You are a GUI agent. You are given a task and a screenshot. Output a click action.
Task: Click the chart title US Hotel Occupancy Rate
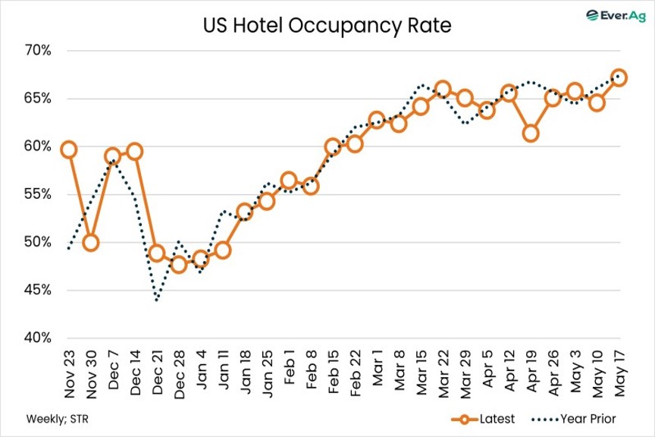327,27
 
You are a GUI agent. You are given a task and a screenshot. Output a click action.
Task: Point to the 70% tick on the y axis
36,51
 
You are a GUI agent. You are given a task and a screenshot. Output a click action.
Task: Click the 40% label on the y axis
36,338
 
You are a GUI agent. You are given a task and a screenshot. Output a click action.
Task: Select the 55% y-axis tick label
36,194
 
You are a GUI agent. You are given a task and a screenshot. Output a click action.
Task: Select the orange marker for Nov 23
68,149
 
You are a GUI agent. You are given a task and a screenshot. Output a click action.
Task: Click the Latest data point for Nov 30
90,243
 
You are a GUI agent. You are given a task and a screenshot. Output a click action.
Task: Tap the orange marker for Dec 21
156,253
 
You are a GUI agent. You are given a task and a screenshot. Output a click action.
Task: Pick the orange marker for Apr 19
531,134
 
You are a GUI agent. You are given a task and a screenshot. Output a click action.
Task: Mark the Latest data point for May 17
619,77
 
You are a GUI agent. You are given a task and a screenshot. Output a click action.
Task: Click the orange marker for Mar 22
443,90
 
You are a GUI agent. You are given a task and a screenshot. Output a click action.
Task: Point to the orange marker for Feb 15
333,146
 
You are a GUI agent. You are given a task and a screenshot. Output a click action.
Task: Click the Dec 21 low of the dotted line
156,300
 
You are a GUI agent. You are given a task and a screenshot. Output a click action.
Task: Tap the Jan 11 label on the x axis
223,368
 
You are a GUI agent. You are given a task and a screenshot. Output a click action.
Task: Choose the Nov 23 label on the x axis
68,369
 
